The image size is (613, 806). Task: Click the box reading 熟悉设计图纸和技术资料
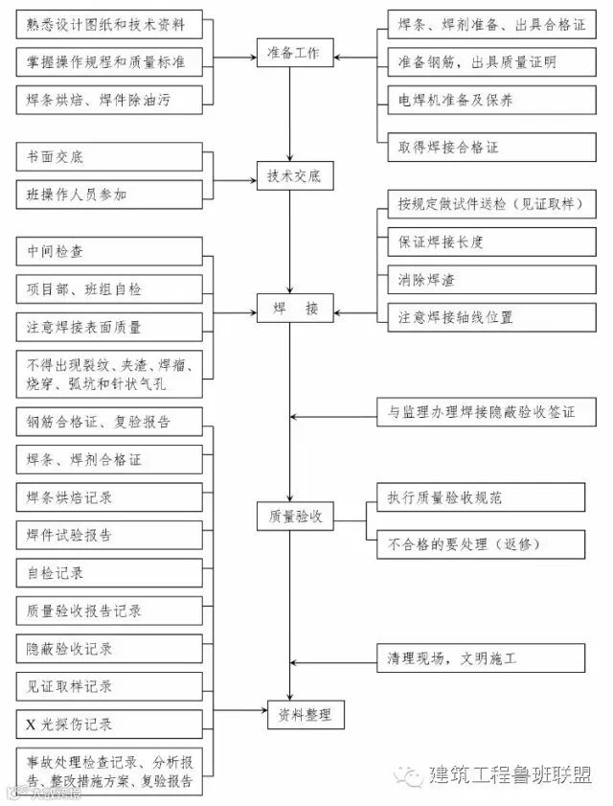coord(109,23)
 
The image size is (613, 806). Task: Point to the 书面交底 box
coord(109,156)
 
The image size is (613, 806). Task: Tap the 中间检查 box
coord(109,251)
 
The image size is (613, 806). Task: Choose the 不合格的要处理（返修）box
coord(479,543)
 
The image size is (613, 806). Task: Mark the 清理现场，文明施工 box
coord(479,658)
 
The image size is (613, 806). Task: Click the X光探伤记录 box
coord(109,724)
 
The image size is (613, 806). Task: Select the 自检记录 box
coord(109,573)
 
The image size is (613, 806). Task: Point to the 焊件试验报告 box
coord(109,535)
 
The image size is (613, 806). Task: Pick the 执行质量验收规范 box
coord(479,496)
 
